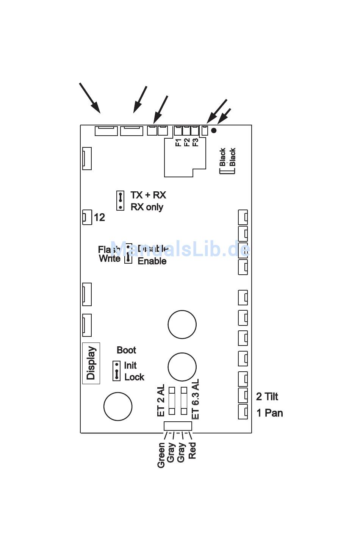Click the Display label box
coord(91,363)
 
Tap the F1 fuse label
coord(178,142)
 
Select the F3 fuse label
coord(195,142)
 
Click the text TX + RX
coord(148,195)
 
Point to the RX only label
coord(147,207)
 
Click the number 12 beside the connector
coord(99,217)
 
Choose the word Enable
coord(152,261)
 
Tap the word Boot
coord(126,350)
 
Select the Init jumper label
coord(130,366)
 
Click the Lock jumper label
coord(134,377)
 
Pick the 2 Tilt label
coord(267,397)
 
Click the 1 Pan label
coord(270,413)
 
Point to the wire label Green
coord(161,455)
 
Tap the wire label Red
coord(193,450)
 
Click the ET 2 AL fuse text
coord(161,400)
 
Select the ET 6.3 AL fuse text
coord(196,399)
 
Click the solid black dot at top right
coord(214,130)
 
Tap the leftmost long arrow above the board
coord(90,98)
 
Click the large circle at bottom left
coord(118,407)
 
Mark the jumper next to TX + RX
coord(120,200)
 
